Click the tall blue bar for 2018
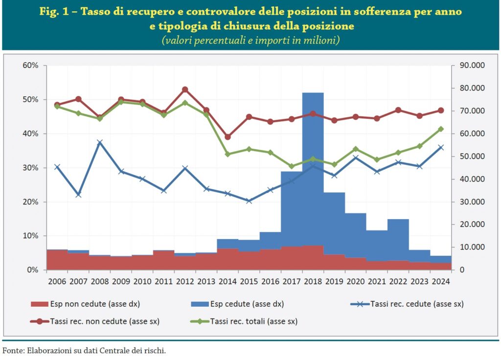click(x=313, y=166)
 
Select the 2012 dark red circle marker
click(x=185, y=90)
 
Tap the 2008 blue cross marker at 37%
click(x=100, y=143)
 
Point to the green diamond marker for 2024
click(x=441, y=129)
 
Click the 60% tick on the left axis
click(x=30, y=66)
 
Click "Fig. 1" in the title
click(x=56, y=12)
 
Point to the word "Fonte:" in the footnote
click(x=13, y=350)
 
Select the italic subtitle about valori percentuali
click(x=250, y=41)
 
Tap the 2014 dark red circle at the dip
click(x=228, y=137)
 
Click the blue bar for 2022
click(x=398, y=240)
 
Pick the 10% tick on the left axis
click(x=30, y=236)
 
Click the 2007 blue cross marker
click(x=78, y=195)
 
